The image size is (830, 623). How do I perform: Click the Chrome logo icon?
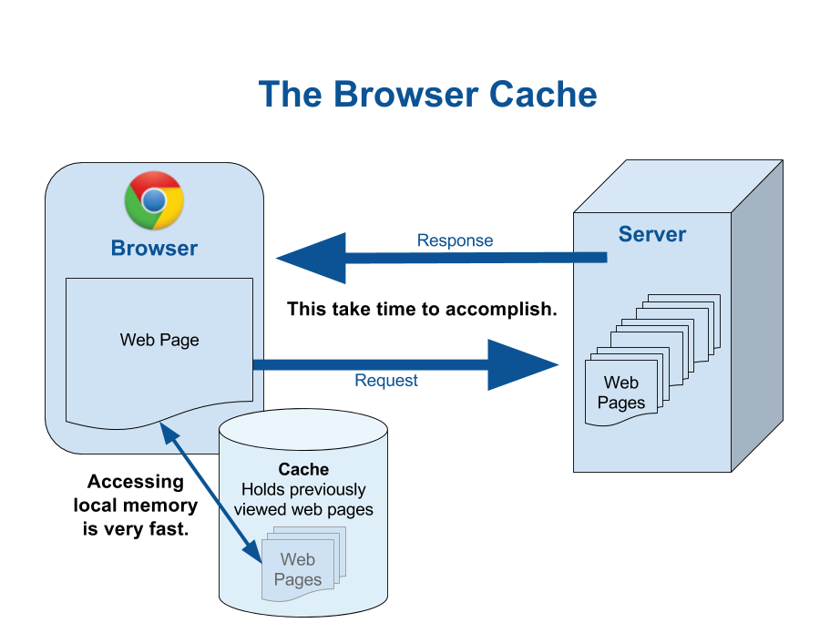click(154, 200)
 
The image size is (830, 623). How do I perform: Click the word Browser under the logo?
click(154, 248)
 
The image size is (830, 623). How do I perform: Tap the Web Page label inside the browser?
click(159, 341)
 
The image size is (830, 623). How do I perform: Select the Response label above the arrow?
click(455, 240)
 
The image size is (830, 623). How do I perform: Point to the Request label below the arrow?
click(386, 381)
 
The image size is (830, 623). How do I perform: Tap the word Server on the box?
click(652, 234)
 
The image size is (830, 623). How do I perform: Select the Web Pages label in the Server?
click(620, 393)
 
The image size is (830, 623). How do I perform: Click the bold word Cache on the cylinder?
click(303, 470)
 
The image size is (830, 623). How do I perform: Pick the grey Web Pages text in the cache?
click(298, 569)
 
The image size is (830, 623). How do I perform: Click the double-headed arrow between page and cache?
click(210, 492)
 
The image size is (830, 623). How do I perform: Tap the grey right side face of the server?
click(756, 319)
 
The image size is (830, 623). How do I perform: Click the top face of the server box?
click(679, 188)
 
